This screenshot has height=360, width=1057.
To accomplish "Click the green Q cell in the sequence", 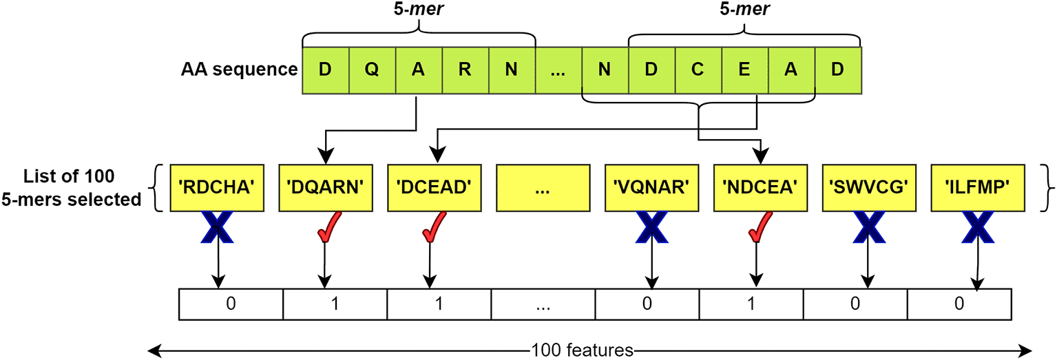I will click(372, 69).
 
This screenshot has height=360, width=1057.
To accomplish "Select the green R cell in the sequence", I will click(465, 69).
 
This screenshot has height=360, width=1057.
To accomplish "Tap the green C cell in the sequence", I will click(698, 69).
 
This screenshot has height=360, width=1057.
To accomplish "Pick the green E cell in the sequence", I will click(745, 69).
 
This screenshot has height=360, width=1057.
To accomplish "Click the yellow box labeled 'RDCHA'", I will click(217, 187).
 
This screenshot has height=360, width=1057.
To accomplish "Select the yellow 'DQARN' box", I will click(326, 187).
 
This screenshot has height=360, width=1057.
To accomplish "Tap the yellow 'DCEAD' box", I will click(435, 187).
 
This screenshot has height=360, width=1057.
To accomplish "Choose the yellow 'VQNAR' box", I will click(651, 187).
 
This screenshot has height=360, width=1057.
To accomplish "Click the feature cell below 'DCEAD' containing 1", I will click(439, 304).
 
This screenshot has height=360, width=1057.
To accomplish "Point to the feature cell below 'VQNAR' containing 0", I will click(647, 304).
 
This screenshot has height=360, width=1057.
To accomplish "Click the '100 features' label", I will click(582, 350).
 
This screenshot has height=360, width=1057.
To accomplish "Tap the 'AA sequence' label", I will click(239, 70).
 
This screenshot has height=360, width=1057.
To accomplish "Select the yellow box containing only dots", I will click(543, 187).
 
